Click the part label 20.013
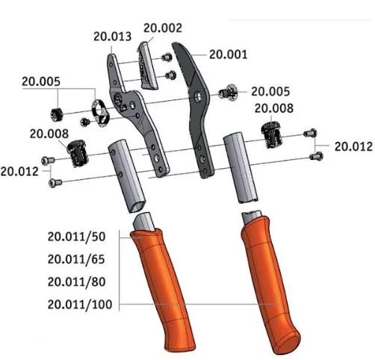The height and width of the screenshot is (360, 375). (113, 36)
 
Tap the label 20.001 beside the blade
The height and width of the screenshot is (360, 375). (229, 55)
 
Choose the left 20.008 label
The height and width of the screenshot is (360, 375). (49, 134)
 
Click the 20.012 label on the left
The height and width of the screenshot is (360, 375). (19, 171)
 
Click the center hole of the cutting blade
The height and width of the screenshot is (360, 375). (198, 96)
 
